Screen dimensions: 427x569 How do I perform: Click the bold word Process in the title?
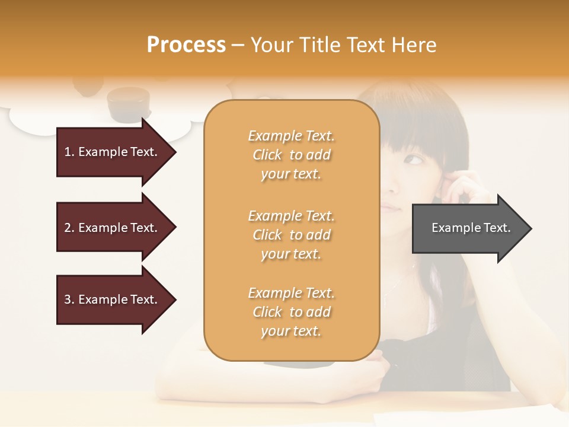click(x=186, y=44)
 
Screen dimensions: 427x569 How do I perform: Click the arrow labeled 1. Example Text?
click(x=113, y=152)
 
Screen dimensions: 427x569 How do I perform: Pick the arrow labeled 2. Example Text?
click(x=113, y=228)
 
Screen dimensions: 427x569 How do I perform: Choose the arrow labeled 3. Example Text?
click(x=113, y=299)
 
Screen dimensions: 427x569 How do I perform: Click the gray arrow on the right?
click(x=468, y=228)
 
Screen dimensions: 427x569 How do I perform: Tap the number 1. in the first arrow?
click(x=69, y=152)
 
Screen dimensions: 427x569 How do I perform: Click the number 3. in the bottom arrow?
click(x=69, y=299)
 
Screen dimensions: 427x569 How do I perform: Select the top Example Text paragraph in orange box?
click(x=291, y=155)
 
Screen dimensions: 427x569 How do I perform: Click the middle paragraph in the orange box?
click(x=291, y=235)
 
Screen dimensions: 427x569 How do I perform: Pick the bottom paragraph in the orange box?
click(x=291, y=312)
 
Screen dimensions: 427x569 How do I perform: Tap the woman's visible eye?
click(x=413, y=160)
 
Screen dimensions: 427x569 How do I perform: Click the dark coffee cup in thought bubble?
click(x=128, y=102)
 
